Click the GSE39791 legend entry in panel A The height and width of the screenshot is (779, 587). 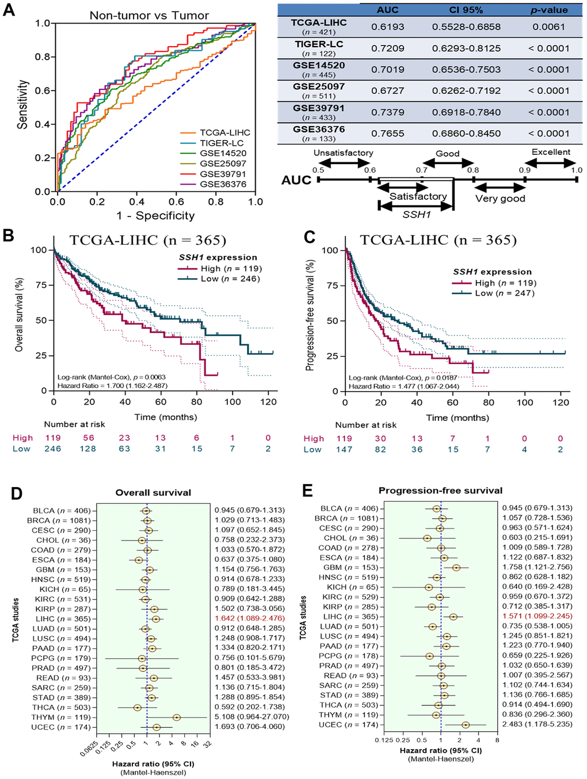(223, 174)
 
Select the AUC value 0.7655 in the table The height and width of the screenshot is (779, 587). (387, 134)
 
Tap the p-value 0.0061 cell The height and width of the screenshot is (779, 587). (548, 27)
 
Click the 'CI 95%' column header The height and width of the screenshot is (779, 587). (466, 10)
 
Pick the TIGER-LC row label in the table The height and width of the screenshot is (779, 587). (319, 44)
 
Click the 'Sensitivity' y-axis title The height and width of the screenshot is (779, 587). (22, 104)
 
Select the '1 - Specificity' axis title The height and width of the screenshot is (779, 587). (155, 215)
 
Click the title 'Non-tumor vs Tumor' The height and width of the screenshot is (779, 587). (149, 16)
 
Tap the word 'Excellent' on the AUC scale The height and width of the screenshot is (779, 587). (551, 152)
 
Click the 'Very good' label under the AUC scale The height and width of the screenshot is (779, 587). (500, 199)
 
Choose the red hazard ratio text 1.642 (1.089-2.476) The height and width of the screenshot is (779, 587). (250, 619)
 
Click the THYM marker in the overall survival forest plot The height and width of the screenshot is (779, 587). (177, 717)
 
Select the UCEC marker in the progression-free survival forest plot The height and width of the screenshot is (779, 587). (465, 725)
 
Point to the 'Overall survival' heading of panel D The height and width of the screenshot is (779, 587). (153, 492)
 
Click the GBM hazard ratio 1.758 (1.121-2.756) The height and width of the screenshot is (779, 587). (537, 567)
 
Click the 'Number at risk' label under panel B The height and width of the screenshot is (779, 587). (75, 424)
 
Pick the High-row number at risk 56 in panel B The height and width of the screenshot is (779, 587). (88, 438)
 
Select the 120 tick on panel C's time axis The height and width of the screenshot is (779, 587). (561, 402)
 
